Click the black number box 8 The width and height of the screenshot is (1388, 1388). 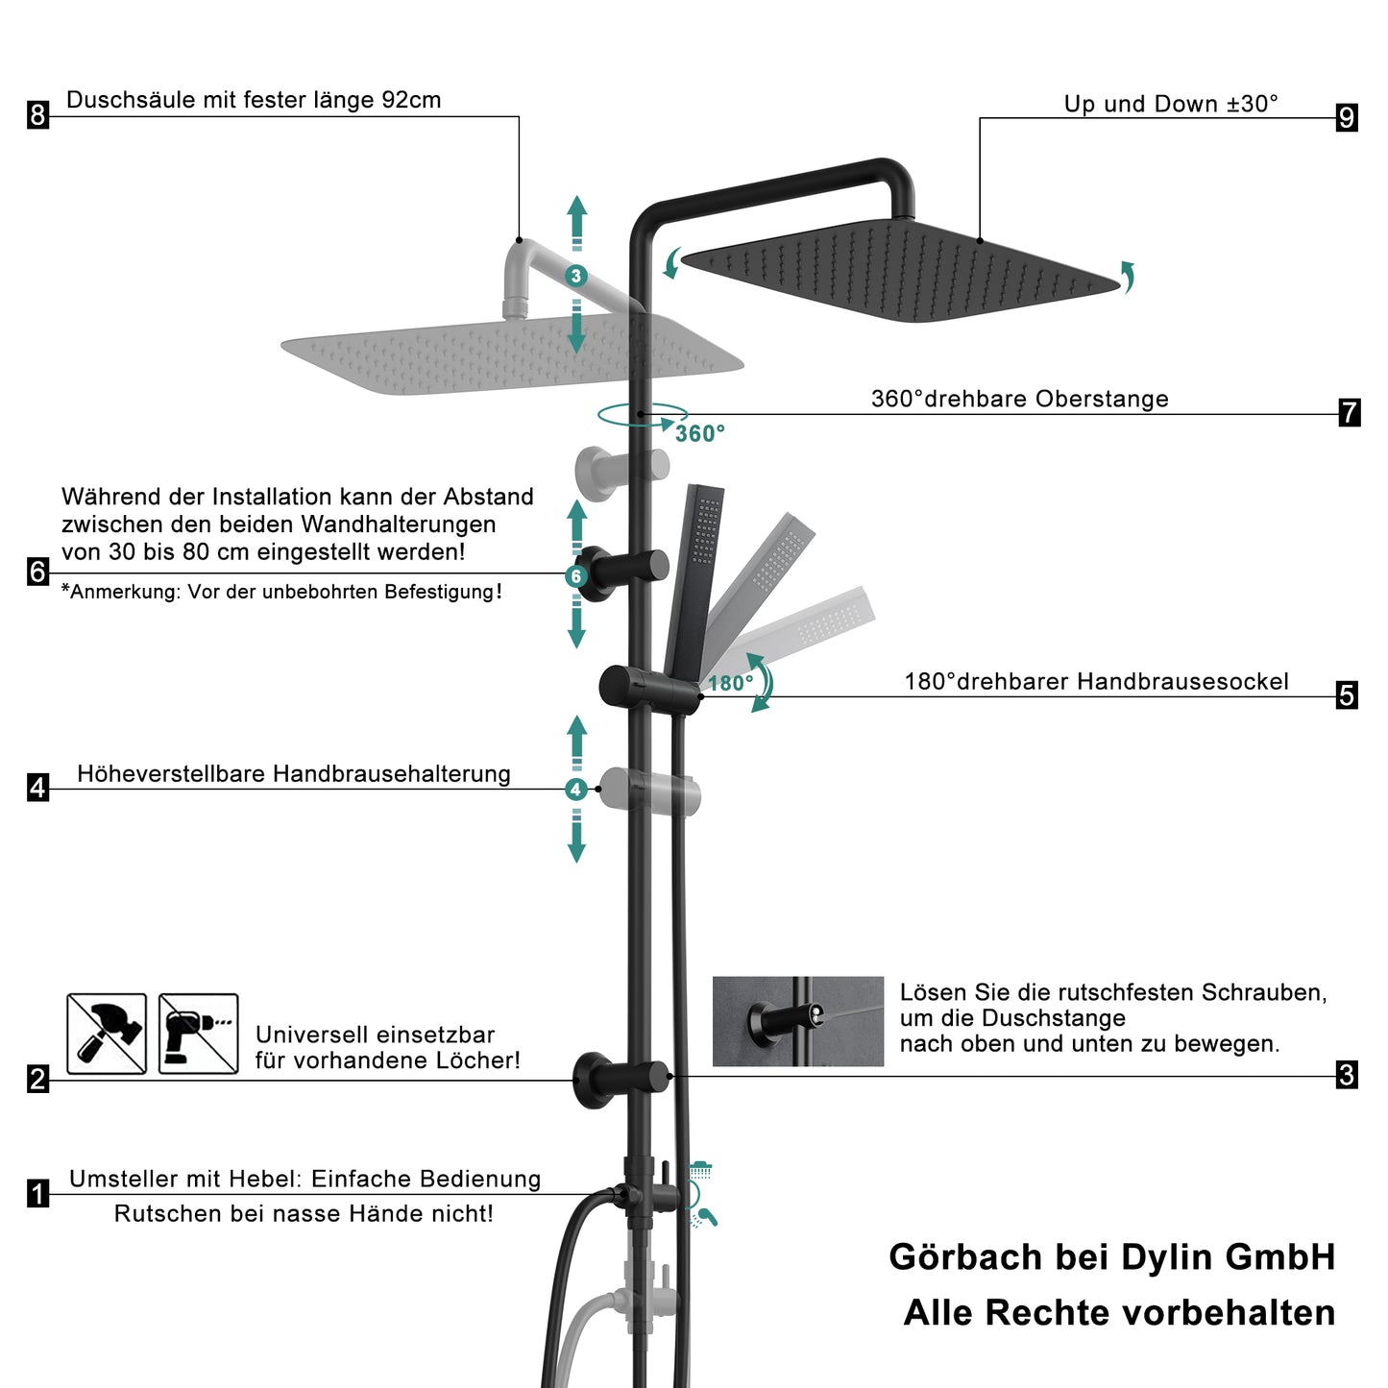(x=37, y=115)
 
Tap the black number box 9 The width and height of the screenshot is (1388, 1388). (x=1347, y=117)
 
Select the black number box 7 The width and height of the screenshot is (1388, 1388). (x=1349, y=412)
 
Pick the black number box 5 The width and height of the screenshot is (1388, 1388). (x=1347, y=694)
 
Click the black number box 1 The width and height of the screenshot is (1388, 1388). (x=37, y=1194)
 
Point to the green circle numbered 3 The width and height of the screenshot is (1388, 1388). (x=576, y=277)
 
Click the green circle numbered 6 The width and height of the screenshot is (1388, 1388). (x=576, y=576)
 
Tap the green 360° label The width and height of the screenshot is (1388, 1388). (x=699, y=434)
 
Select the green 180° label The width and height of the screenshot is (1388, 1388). (x=730, y=684)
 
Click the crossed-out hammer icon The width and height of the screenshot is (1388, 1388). (x=107, y=1034)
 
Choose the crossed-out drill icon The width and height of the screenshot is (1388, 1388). (x=198, y=1034)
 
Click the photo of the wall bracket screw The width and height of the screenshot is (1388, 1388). (x=797, y=1021)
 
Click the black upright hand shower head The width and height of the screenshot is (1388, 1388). (x=696, y=576)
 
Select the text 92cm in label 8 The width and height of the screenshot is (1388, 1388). (x=411, y=100)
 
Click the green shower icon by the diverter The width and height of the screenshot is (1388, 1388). (x=700, y=1170)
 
